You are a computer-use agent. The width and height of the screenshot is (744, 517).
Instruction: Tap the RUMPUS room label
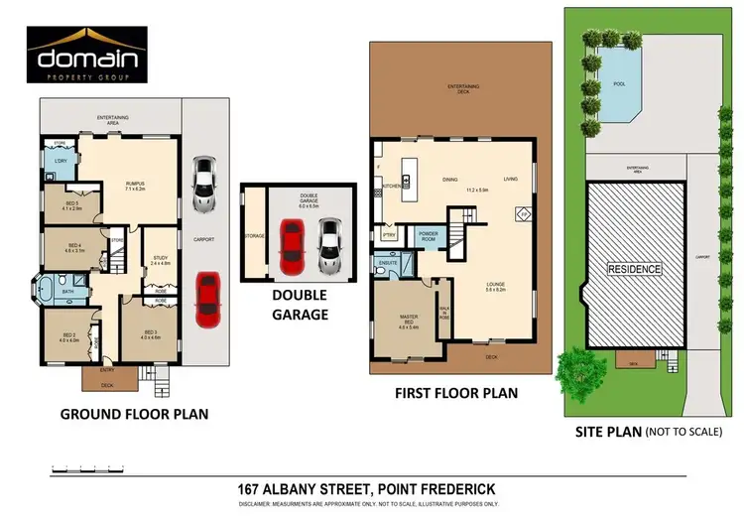[136, 184]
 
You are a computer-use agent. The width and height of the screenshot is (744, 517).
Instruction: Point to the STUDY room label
[158, 261]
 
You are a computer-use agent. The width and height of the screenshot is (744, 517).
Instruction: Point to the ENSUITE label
[387, 264]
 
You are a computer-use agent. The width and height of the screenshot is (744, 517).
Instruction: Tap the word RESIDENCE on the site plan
[635, 268]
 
